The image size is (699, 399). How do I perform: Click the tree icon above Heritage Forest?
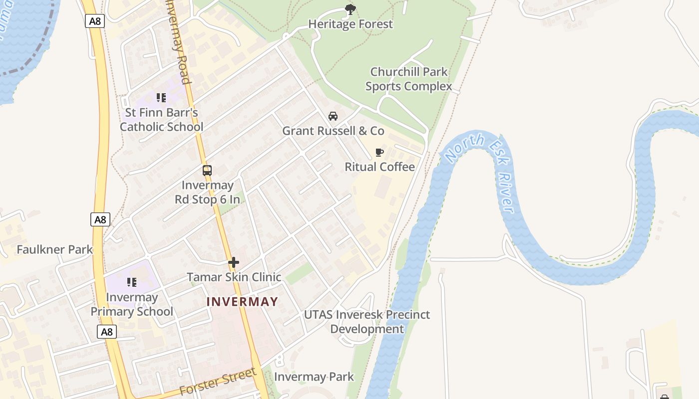click(350, 9)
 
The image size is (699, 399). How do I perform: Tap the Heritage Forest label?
click(350, 24)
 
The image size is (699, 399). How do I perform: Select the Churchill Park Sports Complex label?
click(408, 79)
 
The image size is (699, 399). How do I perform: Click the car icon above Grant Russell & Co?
click(333, 116)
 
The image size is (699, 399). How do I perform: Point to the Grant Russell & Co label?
click(333, 131)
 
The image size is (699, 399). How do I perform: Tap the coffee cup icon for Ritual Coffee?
click(379, 152)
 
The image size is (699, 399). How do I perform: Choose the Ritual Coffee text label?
click(379, 167)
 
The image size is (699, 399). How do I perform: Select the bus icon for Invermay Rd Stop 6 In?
click(207, 171)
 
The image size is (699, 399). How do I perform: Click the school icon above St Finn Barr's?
click(161, 98)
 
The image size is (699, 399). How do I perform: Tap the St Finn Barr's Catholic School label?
click(161, 120)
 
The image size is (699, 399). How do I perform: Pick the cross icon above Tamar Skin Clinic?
click(234, 262)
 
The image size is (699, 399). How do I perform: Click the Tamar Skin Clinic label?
click(234, 277)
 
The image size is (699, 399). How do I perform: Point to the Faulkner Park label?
click(55, 249)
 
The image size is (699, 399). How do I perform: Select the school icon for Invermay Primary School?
click(132, 282)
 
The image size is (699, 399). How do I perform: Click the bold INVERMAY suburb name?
click(242, 302)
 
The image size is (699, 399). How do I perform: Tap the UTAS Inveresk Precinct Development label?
click(367, 322)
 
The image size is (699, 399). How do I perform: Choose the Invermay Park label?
click(314, 377)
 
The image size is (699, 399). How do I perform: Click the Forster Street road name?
click(218, 382)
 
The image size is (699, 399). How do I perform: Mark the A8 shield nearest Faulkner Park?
click(100, 219)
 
